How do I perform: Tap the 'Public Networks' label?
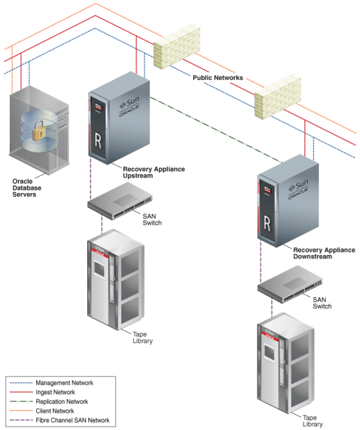[x=218, y=77]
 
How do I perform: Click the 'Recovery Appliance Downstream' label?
[x=324, y=253]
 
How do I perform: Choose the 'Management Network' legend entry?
[x=64, y=383]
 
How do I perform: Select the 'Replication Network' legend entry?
[x=62, y=401]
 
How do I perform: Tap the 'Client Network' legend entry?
[x=55, y=411]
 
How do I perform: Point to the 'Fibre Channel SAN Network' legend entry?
[x=72, y=420]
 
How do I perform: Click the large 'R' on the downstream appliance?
[x=267, y=221]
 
